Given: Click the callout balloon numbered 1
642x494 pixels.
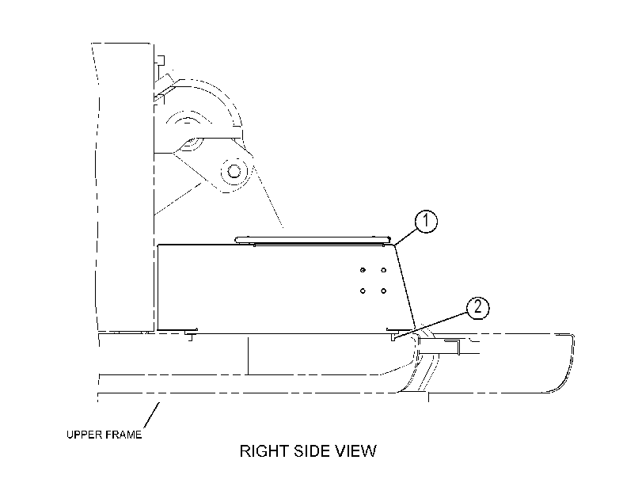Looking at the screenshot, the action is click(x=426, y=221).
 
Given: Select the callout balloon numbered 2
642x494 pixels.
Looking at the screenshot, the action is click(x=478, y=308).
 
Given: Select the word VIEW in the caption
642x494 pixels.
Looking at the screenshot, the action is click(x=355, y=451).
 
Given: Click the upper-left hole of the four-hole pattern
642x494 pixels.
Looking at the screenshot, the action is click(x=363, y=270).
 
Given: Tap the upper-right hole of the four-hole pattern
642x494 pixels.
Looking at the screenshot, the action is click(x=383, y=270).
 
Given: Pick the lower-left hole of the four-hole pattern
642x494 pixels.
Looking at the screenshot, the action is click(x=363, y=291).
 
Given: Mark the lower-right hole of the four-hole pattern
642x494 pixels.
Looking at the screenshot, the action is click(x=383, y=291).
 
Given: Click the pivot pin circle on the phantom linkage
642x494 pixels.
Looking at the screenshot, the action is click(x=234, y=170).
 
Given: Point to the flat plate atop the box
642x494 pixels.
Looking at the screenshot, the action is click(x=313, y=239).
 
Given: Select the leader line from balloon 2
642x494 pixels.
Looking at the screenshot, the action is click(x=431, y=325).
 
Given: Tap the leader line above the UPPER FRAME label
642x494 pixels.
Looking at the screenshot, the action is click(x=152, y=416).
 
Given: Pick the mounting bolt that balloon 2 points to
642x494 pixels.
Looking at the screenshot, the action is click(x=392, y=334).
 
